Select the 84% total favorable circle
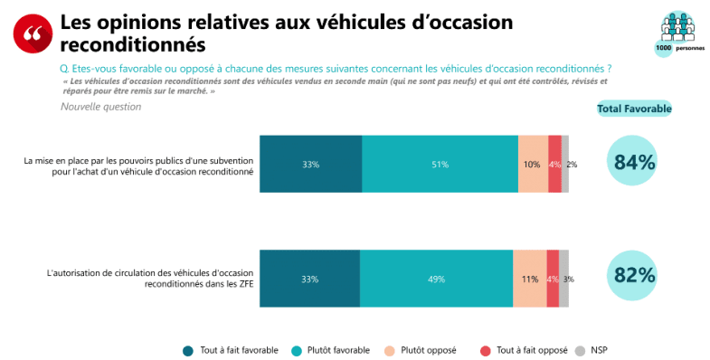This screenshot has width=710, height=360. click(634, 163)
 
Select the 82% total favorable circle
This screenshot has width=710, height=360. click(634, 276)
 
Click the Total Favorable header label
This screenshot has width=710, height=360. click(634, 109)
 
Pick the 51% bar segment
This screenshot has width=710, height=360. click(440, 164)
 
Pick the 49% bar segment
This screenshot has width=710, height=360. click(436, 279)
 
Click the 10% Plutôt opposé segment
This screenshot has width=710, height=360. click(533, 164)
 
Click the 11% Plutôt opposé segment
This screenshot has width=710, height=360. click(529, 279)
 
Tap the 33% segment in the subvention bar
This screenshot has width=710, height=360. click(310, 164)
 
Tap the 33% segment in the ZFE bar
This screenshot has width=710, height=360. click(309, 279)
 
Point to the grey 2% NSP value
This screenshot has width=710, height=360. click(572, 165)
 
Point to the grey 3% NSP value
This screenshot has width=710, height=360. click(568, 279)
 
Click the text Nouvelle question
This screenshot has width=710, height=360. click(100, 107)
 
